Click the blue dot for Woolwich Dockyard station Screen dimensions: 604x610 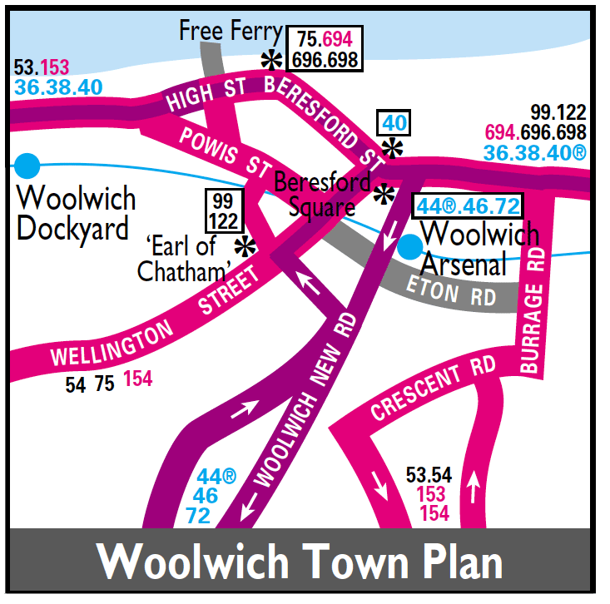point(27,165)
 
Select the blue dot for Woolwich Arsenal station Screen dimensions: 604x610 point(409,245)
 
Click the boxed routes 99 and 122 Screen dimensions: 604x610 point(222,210)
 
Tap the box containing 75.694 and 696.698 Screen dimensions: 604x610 point(325,49)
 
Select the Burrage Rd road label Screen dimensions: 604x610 point(534,317)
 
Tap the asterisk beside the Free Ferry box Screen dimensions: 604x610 point(271,60)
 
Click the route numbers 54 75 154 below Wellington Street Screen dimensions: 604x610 point(109,381)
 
